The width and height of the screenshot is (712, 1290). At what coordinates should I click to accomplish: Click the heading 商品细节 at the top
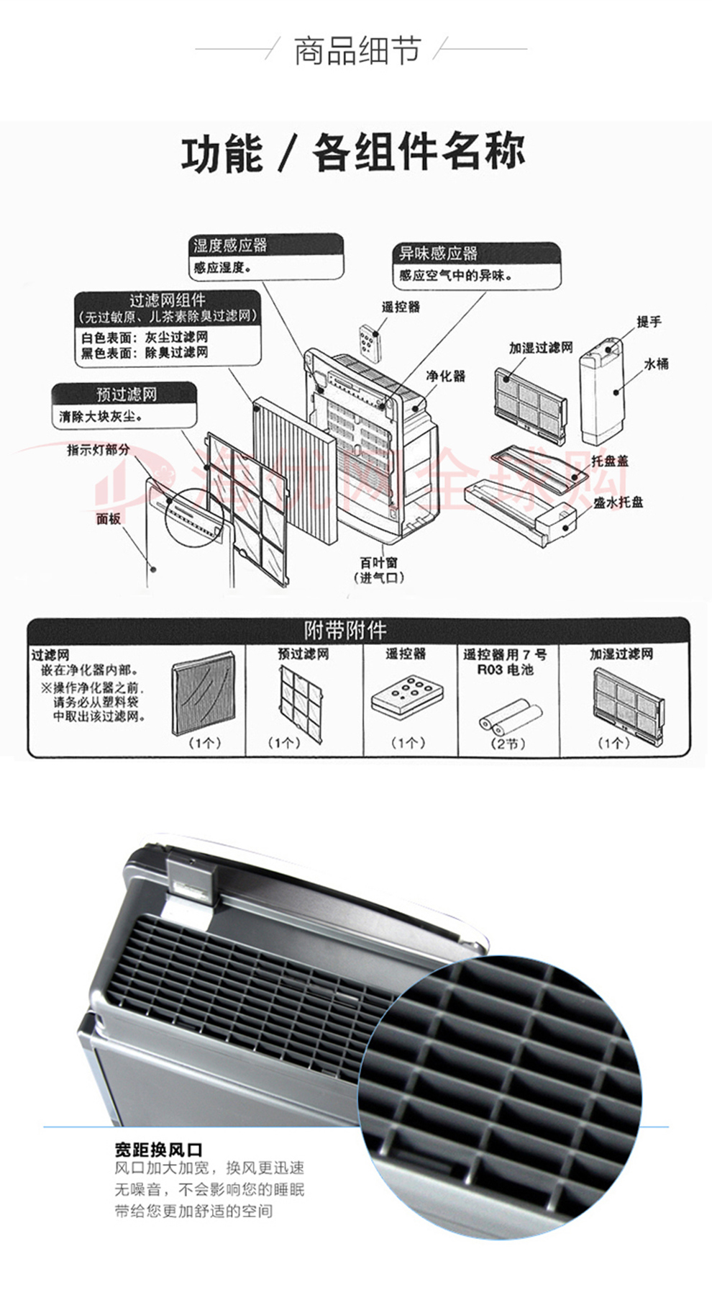357,50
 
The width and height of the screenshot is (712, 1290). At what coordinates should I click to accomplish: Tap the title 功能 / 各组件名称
353,153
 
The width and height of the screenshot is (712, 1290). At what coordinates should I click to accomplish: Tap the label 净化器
445,376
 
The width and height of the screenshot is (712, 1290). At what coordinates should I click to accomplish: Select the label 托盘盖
609,461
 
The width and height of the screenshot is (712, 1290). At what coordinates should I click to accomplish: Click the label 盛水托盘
618,502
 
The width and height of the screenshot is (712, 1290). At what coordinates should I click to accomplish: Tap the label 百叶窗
378,562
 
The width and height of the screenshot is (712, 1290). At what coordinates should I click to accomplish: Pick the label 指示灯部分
99,450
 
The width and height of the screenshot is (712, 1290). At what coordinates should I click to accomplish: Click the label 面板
109,518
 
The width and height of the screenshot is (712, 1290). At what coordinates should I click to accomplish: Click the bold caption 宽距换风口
158,1150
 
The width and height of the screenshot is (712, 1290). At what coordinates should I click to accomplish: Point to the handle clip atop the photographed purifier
191,880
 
